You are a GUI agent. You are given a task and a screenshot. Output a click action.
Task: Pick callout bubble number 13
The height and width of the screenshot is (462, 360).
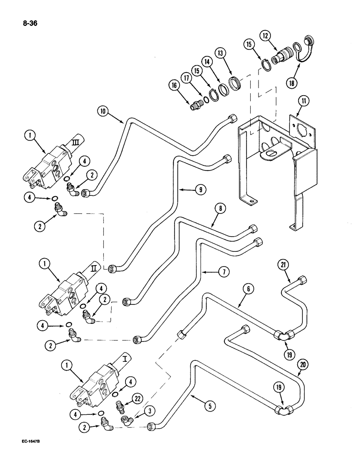[x=235, y=54]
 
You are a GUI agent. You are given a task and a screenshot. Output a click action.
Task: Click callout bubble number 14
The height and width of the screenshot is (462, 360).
[x=218, y=61]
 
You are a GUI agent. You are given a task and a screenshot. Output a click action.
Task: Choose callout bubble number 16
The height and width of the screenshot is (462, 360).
[x=174, y=85]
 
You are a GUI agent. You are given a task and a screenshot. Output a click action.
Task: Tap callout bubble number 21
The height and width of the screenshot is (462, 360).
[x=282, y=265]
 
